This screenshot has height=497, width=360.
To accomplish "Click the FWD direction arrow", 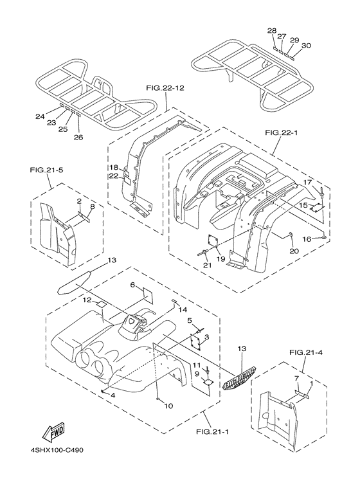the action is coord(53,432).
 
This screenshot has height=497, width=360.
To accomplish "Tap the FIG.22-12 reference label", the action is coord(165,88).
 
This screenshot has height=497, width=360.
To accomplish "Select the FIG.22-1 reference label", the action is coord(281,133).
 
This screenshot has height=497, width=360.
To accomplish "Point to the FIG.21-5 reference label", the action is coord(46,170).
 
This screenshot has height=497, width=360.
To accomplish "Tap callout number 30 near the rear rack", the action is coord(306,46).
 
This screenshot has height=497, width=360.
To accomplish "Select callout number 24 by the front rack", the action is coord(40,116).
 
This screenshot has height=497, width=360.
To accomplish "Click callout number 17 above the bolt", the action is coord(307,182).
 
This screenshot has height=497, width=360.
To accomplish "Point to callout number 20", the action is coord(294,251).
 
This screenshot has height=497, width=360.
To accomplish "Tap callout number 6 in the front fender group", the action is coord(133,285).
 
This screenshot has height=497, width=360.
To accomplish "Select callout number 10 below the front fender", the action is coord(169,406).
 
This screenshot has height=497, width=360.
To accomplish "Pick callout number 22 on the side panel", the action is coord(114,176).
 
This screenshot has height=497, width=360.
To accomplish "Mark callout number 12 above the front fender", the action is coord(87,300).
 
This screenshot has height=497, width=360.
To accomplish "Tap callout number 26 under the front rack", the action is coord(78,137).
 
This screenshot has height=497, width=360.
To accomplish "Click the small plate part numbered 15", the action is coord(318,207).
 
